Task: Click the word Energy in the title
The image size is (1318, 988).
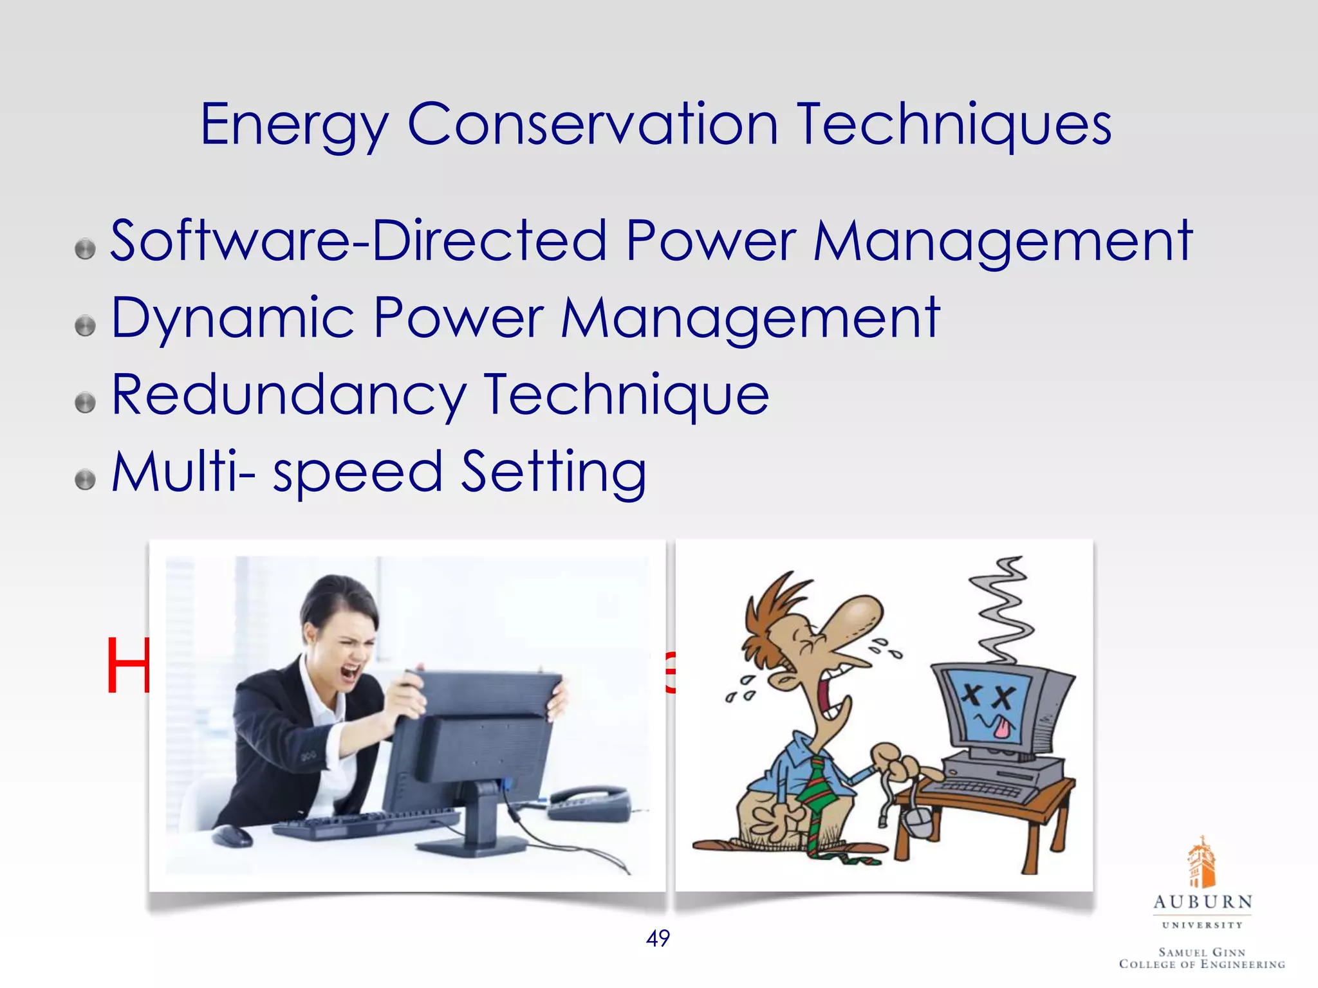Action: pyautogui.click(x=295, y=125)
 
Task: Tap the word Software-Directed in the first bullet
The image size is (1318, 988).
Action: pyautogui.click(x=358, y=241)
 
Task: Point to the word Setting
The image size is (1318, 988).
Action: pyautogui.click(x=554, y=472)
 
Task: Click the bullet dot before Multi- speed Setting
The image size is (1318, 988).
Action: pyautogui.click(x=85, y=479)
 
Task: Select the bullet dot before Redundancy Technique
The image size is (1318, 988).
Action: pyautogui.click(x=85, y=403)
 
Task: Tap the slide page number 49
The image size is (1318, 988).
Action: pyautogui.click(x=658, y=938)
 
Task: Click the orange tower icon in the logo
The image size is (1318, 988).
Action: pyautogui.click(x=1202, y=863)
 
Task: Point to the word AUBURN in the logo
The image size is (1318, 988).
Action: pyautogui.click(x=1202, y=902)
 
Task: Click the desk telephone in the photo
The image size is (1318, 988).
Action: pyautogui.click(x=589, y=801)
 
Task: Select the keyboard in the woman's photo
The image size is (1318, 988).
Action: pyautogui.click(x=367, y=823)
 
